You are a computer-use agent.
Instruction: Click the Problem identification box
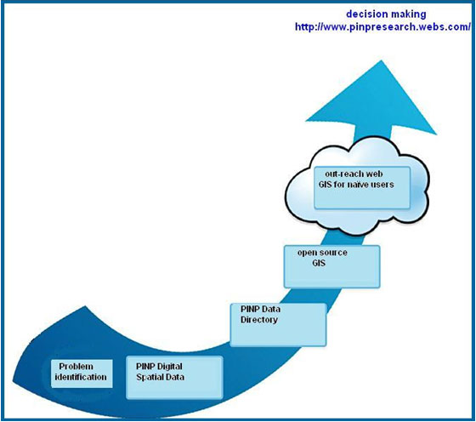click(x=81, y=372)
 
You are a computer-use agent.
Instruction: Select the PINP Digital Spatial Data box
click(x=173, y=377)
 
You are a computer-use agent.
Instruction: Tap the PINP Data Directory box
click(x=278, y=324)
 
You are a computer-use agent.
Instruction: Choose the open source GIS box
click(x=331, y=265)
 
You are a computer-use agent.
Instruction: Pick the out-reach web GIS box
click(x=361, y=187)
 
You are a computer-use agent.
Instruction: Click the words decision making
click(x=386, y=14)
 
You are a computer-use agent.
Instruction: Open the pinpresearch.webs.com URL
click(x=382, y=27)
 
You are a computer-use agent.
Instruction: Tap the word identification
click(x=82, y=376)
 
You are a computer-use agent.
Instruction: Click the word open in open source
click(x=306, y=252)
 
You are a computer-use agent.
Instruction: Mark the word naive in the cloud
click(x=359, y=185)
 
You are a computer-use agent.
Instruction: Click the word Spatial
click(x=152, y=376)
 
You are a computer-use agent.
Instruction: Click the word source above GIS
click(x=334, y=252)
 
